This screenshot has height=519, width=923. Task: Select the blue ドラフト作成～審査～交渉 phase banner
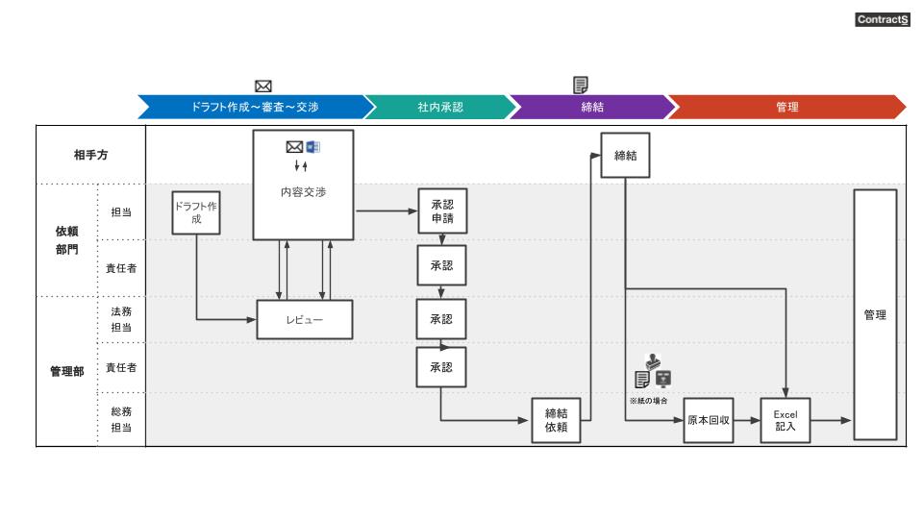tap(255, 107)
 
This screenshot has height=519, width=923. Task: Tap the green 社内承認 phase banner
tap(440, 107)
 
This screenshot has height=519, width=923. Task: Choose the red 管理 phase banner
tap(786, 107)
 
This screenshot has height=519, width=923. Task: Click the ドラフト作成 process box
tap(196, 212)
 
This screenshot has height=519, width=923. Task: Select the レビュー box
tap(304, 320)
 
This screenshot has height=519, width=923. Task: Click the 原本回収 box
tap(709, 420)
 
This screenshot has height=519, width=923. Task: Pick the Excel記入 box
tap(786, 420)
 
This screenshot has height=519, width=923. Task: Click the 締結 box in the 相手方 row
tap(626, 156)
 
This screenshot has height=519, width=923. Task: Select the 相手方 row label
tap(90, 156)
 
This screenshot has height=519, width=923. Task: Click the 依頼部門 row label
tap(67, 239)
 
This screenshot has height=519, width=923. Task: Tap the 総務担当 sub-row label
tap(121, 419)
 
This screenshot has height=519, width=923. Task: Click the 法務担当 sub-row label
tap(121, 318)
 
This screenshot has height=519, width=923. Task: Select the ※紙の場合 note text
tap(648, 400)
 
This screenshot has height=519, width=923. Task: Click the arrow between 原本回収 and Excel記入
tap(747, 421)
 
